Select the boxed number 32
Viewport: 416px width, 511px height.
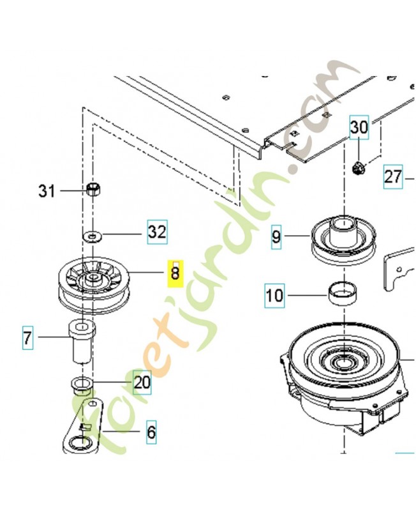(x=156, y=232)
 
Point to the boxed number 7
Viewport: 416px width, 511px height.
(x=27, y=337)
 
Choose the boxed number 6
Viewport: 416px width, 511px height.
(x=151, y=432)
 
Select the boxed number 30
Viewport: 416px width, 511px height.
(x=359, y=128)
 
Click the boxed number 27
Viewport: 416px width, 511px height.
(x=394, y=175)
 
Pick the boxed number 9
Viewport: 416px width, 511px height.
(x=276, y=238)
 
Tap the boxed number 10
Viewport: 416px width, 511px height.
(x=276, y=296)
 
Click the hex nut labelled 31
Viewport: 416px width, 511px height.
(x=94, y=190)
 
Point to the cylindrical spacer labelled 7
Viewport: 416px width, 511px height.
(x=81, y=341)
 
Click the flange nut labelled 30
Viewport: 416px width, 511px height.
(x=358, y=169)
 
